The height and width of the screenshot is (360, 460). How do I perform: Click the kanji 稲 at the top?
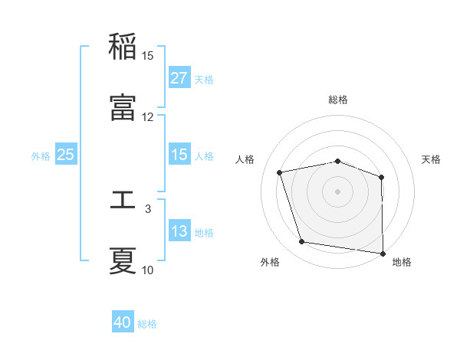pos(123,47)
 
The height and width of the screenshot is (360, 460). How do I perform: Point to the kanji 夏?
pos(123,260)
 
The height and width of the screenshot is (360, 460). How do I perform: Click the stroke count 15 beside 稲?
pos(148,56)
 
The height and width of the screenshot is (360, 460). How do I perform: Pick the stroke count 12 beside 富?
pos(148,117)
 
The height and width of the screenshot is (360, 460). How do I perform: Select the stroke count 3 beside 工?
pos(148,208)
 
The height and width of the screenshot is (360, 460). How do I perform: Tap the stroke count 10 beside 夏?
pos(148,270)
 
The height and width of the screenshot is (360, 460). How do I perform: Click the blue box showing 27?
pos(179,78)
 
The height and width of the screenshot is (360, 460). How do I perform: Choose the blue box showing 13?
pos(179,231)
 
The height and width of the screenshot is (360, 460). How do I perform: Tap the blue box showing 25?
pos(66,155)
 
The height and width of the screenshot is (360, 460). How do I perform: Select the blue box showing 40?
pos(123,323)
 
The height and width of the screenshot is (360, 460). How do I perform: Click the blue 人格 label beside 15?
pos(204,155)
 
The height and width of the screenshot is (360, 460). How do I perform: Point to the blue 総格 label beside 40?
pos(148,324)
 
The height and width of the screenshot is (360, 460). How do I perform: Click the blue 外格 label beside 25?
pos(41,155)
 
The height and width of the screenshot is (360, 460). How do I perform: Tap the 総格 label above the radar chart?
pos(338,100)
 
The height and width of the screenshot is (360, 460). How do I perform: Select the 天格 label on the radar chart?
pos(432,159)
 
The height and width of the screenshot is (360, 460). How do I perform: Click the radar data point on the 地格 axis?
pos(383,253)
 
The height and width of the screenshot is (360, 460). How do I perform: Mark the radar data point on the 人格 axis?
pos(280,172)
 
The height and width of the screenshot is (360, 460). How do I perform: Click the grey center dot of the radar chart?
pos(338,191)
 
